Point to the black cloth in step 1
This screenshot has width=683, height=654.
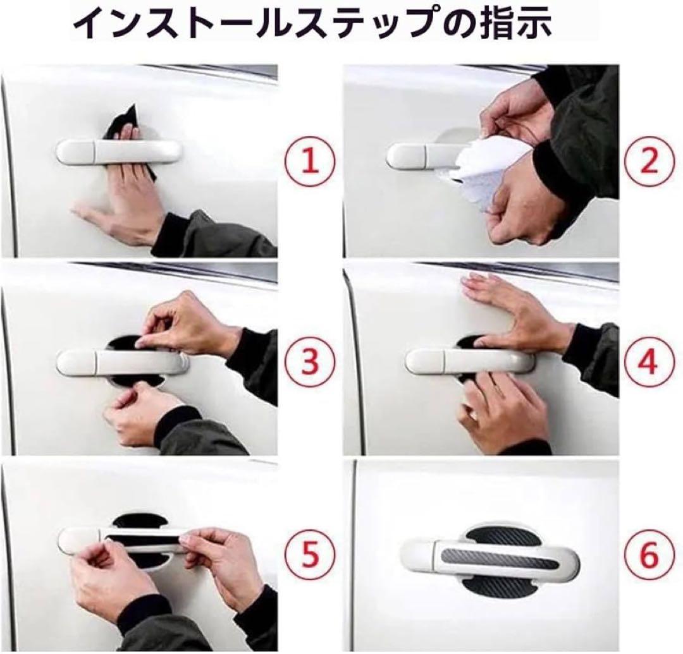pos(128,131)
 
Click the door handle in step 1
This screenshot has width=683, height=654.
pos(118,152)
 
